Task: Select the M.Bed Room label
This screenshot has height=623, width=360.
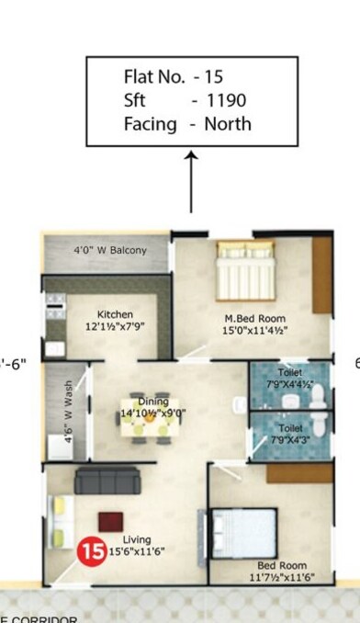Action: coord(250,319)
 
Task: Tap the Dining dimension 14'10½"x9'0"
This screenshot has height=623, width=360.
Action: coord(153,413)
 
